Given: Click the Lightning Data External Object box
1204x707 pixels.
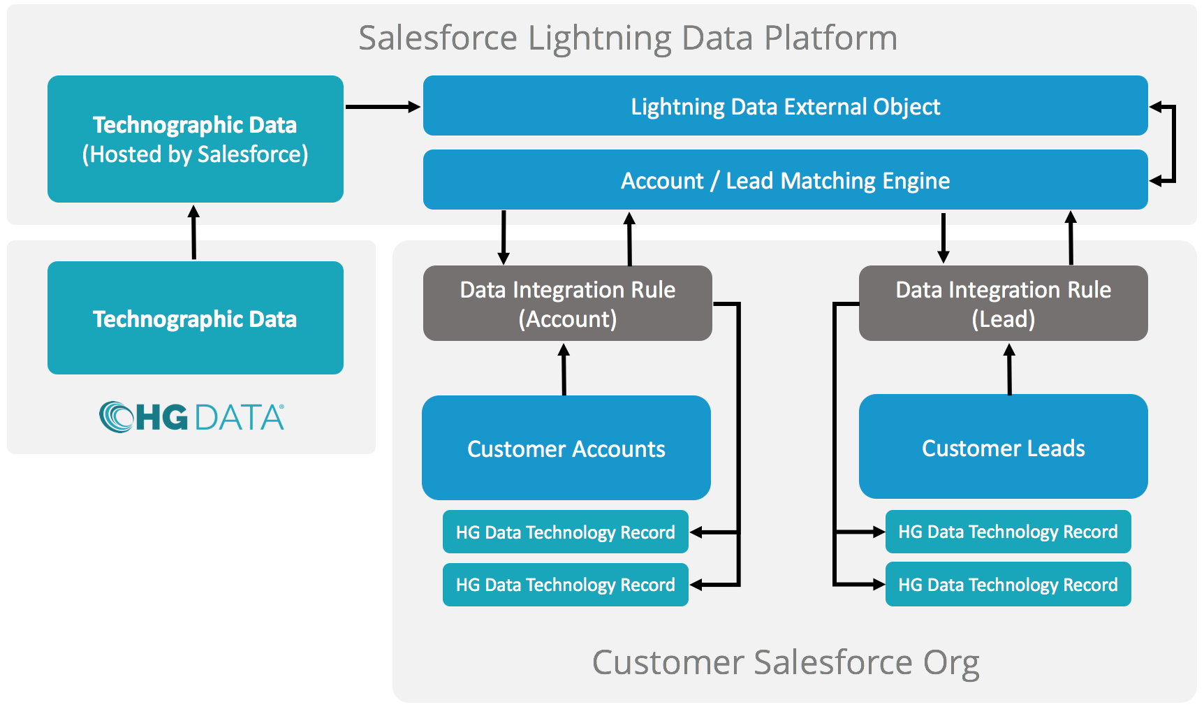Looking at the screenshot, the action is [785, 105].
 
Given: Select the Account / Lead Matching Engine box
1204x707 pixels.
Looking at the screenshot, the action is [785, 180].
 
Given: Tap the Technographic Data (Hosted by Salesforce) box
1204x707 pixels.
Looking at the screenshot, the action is [196, 139].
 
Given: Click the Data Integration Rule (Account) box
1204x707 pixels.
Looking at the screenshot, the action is [568, 303].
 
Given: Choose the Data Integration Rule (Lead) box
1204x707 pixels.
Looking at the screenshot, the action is [1004, 303].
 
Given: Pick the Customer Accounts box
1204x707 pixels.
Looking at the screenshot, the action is [566, 448].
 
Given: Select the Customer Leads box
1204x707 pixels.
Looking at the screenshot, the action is [1004, 446].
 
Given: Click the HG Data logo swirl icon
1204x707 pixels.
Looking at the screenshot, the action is [116, 417].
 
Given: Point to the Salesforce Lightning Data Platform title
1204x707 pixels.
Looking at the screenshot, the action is [628, 38].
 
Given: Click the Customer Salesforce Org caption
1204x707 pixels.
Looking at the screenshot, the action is [786, 662].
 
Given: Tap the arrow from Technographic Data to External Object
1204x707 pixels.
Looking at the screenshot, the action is [383, 107].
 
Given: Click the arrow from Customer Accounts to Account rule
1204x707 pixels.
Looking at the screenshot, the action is [564, 370].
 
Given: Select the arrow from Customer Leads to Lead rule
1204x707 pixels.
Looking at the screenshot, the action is [1009, 369].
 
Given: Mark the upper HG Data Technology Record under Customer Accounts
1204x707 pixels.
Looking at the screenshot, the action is [566, 532].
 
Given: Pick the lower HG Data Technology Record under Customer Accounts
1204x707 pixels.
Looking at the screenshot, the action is [566, 585].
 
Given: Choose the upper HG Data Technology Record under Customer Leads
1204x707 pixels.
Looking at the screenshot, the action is [1008, 532].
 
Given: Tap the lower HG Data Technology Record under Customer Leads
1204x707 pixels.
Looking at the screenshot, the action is [1008, 584].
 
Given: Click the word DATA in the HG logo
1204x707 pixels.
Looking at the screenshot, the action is [240, 418].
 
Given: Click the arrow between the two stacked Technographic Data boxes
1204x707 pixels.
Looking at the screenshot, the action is [194, 232].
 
